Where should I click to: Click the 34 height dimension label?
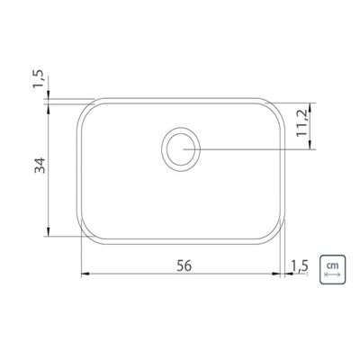[40, 165]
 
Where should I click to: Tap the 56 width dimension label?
[184, 265]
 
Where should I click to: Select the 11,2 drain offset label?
[301, 122]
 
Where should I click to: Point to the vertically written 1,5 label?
[38, 79]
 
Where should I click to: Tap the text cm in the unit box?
[332, 265]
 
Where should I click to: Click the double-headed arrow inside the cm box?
[332, 274]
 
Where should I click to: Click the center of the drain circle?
[181, 148]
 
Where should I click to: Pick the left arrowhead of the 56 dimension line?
[85, 274]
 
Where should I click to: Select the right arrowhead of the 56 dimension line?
[275, 274]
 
